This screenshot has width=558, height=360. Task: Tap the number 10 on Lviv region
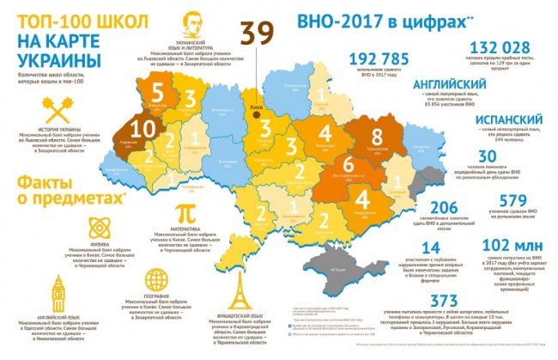pos(144,131)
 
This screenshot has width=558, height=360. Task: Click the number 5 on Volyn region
pos(156,92)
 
